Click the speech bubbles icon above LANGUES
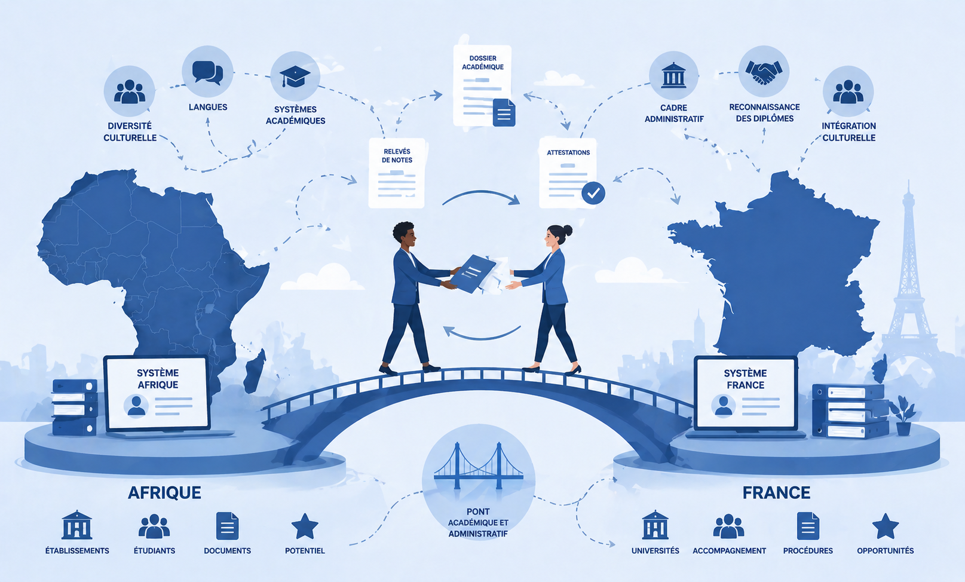click(207, 72)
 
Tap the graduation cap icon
click(295, 76)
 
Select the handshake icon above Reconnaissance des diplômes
click(764, 72)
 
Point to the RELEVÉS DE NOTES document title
click(397, 155)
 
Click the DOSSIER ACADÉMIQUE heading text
click(483, 63)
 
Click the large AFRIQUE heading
click(164, 492)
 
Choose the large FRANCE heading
click(776, 492)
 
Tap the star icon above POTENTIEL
click(305, 526)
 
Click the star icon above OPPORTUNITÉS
click(886, 526)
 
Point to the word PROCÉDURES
click(808, 550)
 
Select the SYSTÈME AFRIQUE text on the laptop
click(158, 379)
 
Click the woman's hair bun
click(568, 231)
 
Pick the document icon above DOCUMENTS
click(227, 526)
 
